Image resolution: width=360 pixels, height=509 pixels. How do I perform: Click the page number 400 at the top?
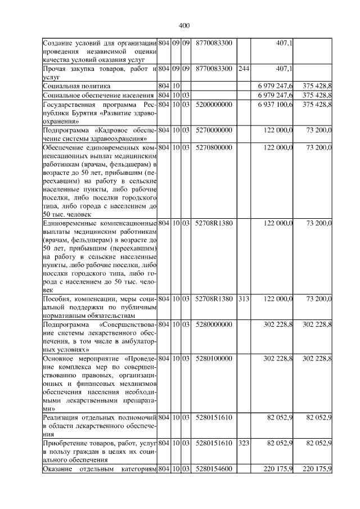coord(184,25)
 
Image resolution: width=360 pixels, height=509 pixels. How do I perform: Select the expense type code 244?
coord(244,69)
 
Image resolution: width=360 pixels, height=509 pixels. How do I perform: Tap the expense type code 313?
coord(244,299)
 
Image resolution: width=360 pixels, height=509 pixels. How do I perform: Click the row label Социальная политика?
coord(79,86)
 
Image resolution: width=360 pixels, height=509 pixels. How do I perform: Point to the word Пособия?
coord(58,299)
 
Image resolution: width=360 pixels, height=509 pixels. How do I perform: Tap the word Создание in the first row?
coord(60,43)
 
